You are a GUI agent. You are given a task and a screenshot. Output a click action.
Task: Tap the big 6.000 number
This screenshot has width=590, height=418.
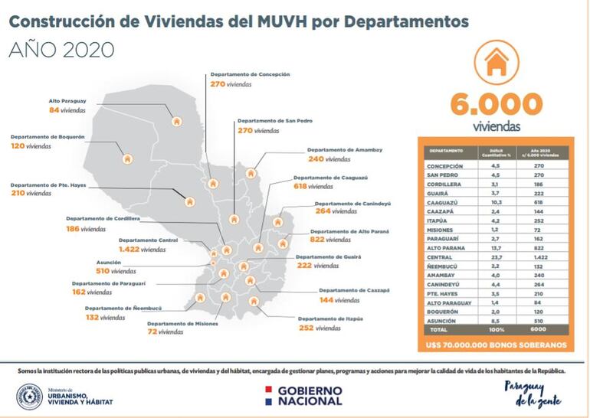(497, 104)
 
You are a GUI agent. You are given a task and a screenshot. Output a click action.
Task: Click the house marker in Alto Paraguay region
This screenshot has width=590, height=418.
(178, 121)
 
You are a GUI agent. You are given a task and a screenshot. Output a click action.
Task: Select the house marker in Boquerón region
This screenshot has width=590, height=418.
(127, 159)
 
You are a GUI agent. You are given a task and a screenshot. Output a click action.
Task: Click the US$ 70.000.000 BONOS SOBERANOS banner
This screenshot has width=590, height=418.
(497, 345)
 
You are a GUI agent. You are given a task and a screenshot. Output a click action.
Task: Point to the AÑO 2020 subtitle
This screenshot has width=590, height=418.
(61, 50)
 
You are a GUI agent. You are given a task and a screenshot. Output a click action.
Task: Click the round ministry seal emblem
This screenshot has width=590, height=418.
(31, 394)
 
